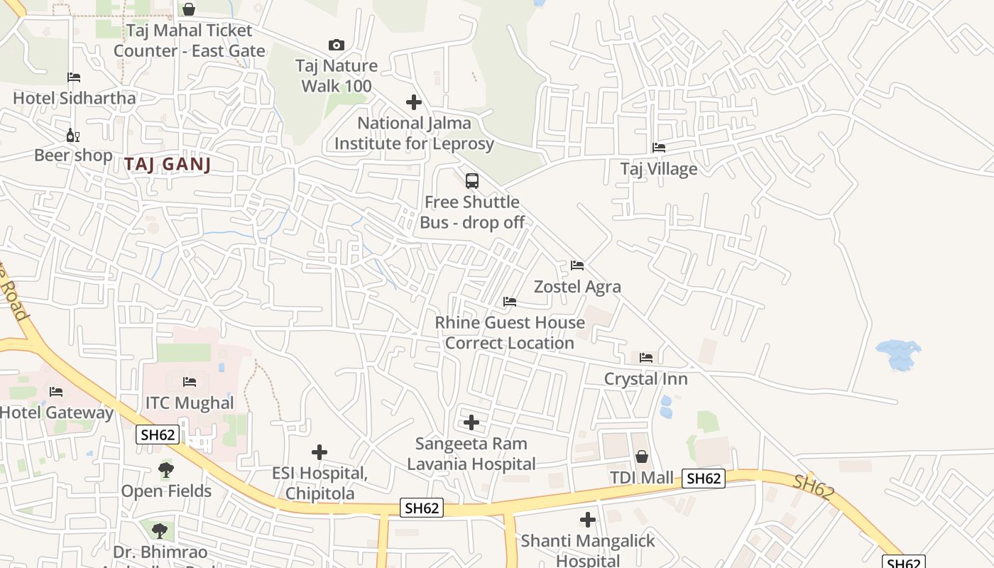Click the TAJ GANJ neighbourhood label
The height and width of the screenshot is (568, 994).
point(168,164)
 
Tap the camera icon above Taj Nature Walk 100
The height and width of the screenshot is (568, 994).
point(337,45)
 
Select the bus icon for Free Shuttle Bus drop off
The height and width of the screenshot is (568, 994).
point(472,181)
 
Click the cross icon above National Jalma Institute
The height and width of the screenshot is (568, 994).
point(414,102)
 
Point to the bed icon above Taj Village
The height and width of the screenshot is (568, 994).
point(659,148)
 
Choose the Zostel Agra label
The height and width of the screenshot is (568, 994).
point(577,287)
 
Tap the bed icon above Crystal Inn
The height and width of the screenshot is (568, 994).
point(646,357)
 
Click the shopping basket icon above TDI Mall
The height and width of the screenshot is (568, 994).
point(642,456)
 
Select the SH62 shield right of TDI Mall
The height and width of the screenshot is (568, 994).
point(704,479)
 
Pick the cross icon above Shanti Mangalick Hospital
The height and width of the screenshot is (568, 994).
point(588,520)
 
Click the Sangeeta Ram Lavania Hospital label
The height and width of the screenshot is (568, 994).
point(471,454)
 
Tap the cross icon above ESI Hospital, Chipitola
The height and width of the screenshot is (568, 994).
point(319,452)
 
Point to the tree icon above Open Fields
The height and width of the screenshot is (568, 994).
point(166,470)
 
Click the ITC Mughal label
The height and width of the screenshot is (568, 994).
point(190,403)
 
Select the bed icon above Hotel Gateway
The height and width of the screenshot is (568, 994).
point(56,391)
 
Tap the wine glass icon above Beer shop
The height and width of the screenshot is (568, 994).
point(72,135)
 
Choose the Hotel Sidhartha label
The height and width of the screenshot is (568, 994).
point(74,98)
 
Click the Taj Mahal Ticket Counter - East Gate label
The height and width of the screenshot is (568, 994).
point(189,40)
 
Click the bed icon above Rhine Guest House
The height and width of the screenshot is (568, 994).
point(510,302)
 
